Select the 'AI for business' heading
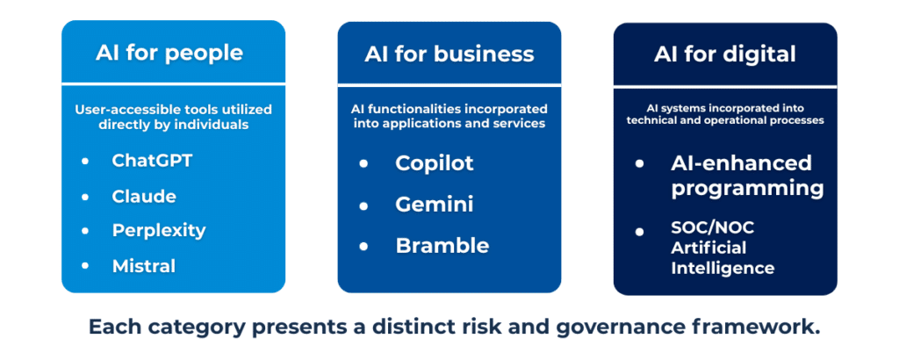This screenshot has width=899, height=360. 449,54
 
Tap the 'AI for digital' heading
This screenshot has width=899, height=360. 724,54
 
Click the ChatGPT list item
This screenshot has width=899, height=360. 152,161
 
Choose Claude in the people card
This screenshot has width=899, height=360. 144,196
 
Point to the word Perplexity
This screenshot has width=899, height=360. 159,230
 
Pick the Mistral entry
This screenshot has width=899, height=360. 144,265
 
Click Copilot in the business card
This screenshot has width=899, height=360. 435,163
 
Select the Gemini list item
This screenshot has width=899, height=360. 435,205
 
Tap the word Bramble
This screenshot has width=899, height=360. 442,246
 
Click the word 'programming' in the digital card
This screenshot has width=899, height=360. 747,188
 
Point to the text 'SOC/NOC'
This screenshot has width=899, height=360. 713,227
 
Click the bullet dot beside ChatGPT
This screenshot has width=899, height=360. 85,162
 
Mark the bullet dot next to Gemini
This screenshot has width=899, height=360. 363,205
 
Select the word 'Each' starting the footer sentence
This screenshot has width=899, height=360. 114,327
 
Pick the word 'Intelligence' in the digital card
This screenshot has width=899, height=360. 723,268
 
